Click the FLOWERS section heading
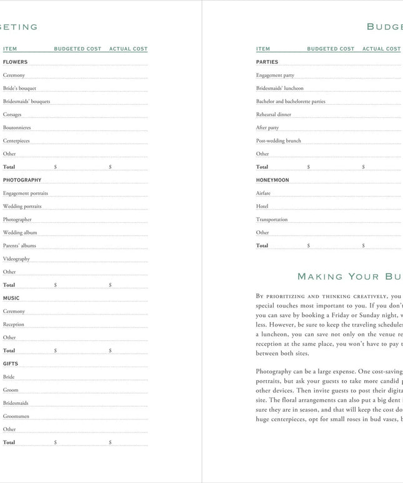[x=15, y=62]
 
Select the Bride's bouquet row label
[x=19, y=89]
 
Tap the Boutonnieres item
[x=17, y=128]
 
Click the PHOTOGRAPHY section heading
[x=22, y=180]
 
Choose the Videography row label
[x=16, y=259]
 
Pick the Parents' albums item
[x=19, y=246]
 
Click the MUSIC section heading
[x=11, y=298]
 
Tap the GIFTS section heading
[x=11, y=364]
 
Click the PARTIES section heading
[x=267, y=62]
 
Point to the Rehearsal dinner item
[x=274, y=115]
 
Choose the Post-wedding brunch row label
[x=278, y=141]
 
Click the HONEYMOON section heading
[x=272, y=180]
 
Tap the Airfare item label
[x=263, y=193]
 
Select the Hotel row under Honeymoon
[x=262, y=207]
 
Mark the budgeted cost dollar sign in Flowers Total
[x=56, y=167]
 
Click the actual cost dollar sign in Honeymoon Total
[x=364, y=246]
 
